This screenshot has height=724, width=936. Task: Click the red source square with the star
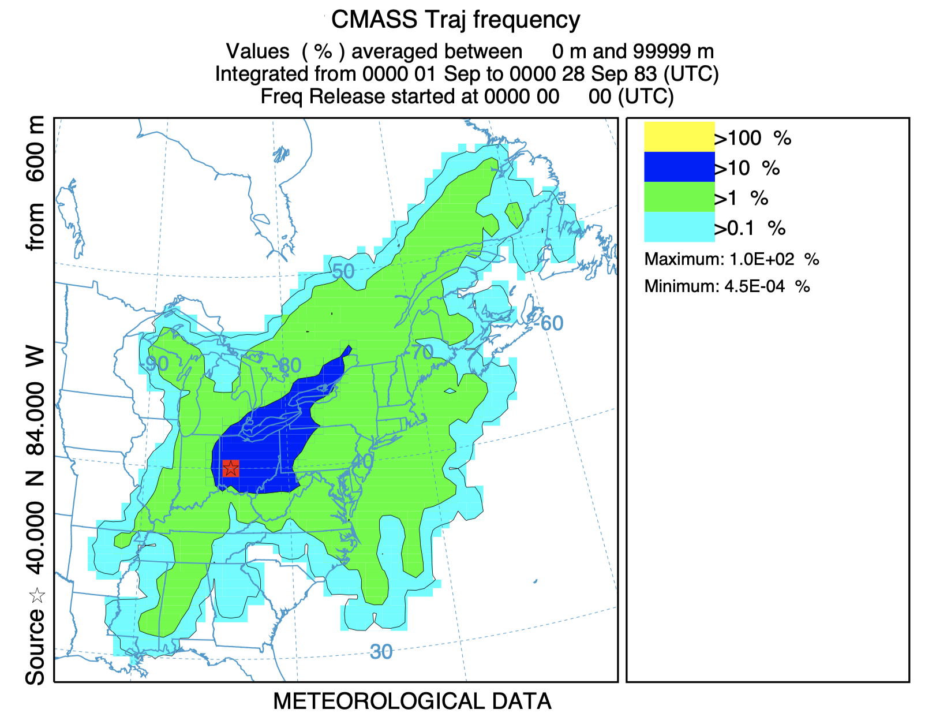point(231,468)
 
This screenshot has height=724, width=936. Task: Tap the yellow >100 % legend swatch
point(679,137)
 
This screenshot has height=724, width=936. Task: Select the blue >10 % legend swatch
point(679,167)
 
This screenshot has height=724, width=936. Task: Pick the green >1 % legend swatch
point(679,197)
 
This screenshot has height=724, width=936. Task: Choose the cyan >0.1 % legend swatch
point(679,227)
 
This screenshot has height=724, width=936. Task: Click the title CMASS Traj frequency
point(455,20)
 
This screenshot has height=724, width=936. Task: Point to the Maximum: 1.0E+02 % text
point(731,259)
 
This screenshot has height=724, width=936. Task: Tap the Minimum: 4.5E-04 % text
point(727,286)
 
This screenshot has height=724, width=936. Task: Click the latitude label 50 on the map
point(343,271)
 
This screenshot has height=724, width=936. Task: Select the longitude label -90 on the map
point(156,364)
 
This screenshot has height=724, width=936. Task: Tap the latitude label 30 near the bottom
point(381,652)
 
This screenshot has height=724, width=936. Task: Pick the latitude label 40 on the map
point(362,461)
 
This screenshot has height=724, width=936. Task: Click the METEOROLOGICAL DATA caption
point(412,701)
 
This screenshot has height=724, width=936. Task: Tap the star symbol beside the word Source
point(37,595)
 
